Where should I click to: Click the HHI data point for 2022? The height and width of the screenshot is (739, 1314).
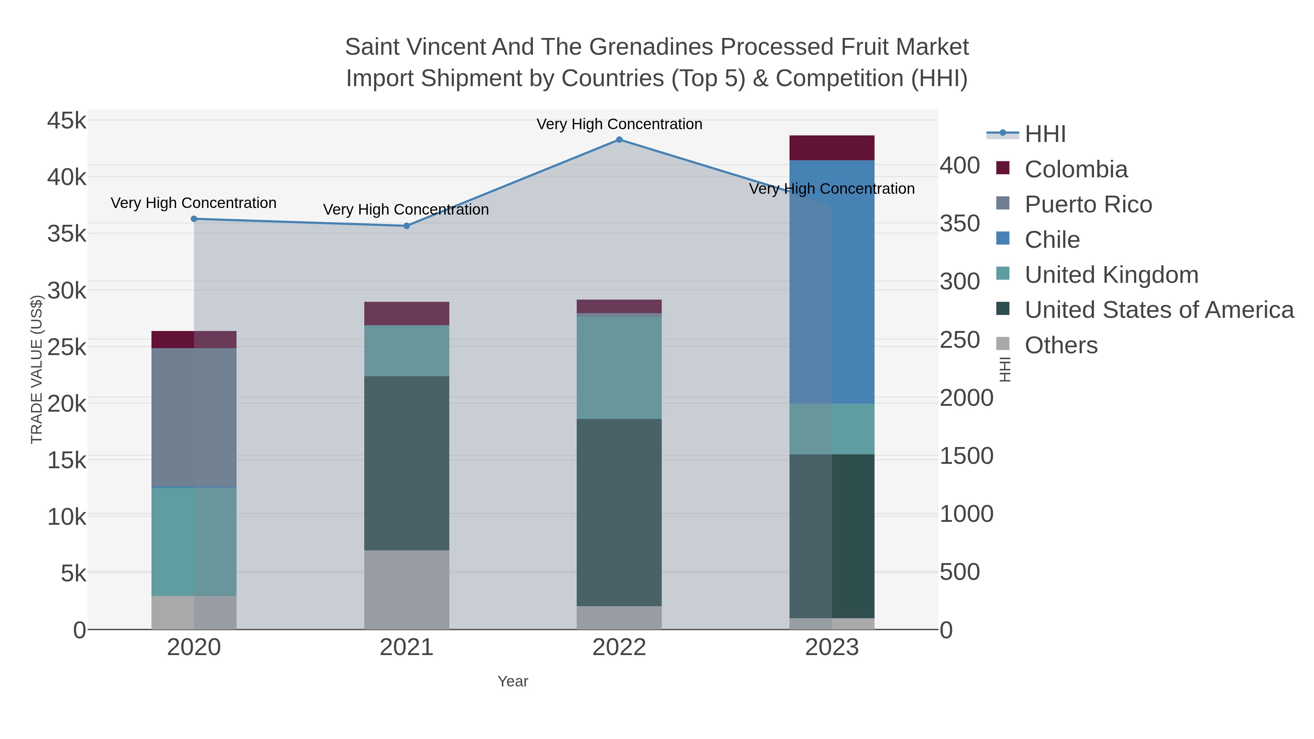click(x=619, y=140)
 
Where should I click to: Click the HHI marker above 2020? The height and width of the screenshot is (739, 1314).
click(x=194, y=219)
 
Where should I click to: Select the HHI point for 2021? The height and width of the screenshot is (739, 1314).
click(x=407, y=226)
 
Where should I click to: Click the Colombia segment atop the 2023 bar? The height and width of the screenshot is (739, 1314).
click(x=832, y=148)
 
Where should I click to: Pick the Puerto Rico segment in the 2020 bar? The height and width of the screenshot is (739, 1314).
click(x=194, y=418)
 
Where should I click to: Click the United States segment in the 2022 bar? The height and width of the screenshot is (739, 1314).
click(x=619, y=513)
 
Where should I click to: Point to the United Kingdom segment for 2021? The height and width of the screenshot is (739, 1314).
click(x=407, y=351)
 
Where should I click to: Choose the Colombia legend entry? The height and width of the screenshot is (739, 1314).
click(x=1076, y=169)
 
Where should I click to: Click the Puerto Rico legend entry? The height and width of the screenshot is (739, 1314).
click(x=1088, y=204)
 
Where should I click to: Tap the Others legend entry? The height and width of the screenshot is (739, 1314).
click(x=1061, y=345)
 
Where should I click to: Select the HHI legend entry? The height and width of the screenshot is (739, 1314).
click(x=1045, y=134)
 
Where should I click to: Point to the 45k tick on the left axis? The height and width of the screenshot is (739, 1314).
click(x=67, y=121)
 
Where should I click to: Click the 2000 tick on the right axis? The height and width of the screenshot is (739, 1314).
click(x=967, y=398)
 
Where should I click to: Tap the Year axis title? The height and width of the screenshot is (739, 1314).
click(x=513, y=681)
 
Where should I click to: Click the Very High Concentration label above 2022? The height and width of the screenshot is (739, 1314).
click(x=619, y=124)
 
